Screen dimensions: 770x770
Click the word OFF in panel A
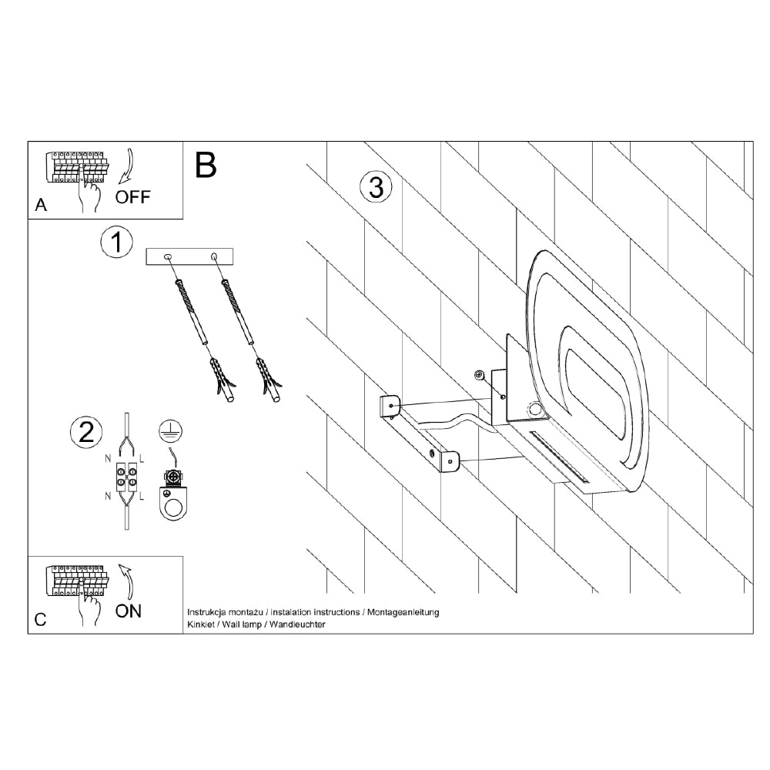[132, 197]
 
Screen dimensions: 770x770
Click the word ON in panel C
[129, 611]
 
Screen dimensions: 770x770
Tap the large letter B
[206, 165]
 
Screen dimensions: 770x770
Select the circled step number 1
[117, 242]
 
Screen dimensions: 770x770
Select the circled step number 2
[86, 433]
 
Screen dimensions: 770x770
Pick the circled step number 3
[377, 187]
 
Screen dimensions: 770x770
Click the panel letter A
[41, 205]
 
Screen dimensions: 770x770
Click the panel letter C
[40, 620]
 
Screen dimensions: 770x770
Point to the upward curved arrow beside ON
[129, 582]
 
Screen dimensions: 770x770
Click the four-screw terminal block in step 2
[127, 477]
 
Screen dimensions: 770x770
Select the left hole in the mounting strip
[168, 256]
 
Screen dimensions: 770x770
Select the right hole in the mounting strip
[213, 256]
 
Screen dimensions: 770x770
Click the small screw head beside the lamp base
[479, 375]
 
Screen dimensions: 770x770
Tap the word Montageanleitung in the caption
[403, 612]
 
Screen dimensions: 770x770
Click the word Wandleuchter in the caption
[297, 624]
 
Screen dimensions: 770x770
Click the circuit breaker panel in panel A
[78, 167]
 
